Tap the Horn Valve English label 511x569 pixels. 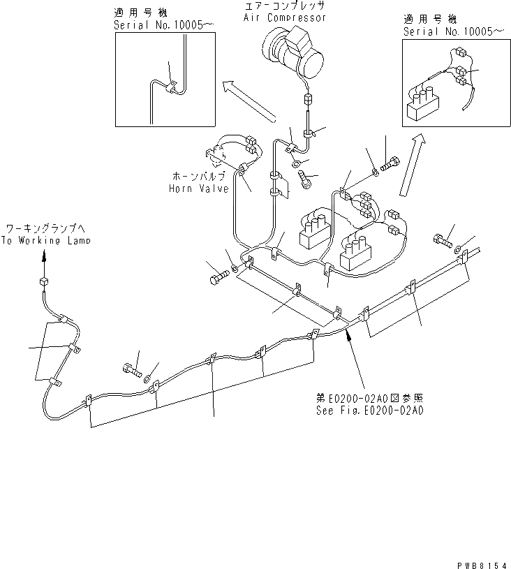pos(198,188)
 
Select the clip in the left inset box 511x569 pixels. pos(170,87)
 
